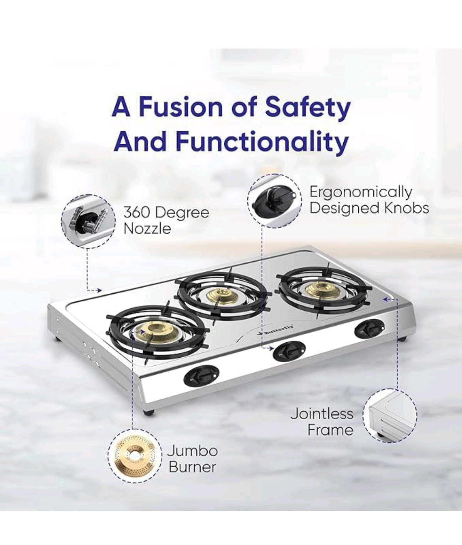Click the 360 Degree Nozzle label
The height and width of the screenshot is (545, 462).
pyautogui.click(x=166, y=220)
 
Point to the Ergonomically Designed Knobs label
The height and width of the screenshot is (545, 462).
pyautogui.click(x=369, y=200)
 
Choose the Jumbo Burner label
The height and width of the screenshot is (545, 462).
pyautogui.click(x=192, y=459)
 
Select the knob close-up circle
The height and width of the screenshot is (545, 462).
pyautogui.click(x=275, y=201)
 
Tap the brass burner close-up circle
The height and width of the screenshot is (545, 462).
pyautogui.click(x=135, y=456)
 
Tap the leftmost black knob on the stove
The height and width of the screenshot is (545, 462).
pyautogui.click(x=202, y=375)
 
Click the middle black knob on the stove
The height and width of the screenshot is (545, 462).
pyautogui.click(x=289, y=351)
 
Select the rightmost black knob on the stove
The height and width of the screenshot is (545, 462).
pyautogui.click(x=370, y=329)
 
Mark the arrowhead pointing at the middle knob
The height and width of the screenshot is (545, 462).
pyautogui.click(x=270, y=348)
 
